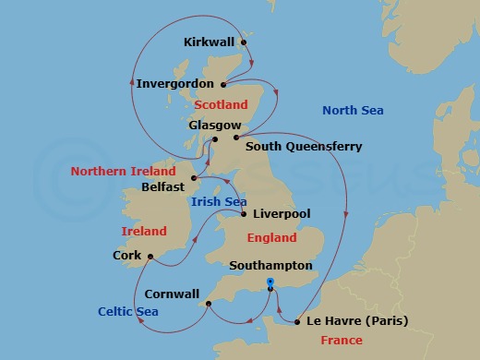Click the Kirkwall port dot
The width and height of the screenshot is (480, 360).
click(x=244, y=42)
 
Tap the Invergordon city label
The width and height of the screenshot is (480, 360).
click(x=175, y=83)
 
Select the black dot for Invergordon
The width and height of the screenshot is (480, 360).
click(x=223, y=83)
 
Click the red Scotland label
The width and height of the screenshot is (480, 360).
click(x=222, y=105)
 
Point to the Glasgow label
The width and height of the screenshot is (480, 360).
click(x=214, y=125)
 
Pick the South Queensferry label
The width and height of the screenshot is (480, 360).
click(x=304, y=146)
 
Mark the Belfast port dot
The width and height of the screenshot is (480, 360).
click(x=193, y=178)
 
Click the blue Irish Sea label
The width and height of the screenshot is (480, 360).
click(x=218, y=200)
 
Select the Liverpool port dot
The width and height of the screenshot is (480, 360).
click(x=243, y=214)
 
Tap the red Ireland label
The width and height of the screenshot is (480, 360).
click(x=144, y=231)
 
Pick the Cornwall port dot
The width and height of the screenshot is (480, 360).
click(x=208, y=301)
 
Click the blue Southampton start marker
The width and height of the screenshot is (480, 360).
click(x=270, y=282)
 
